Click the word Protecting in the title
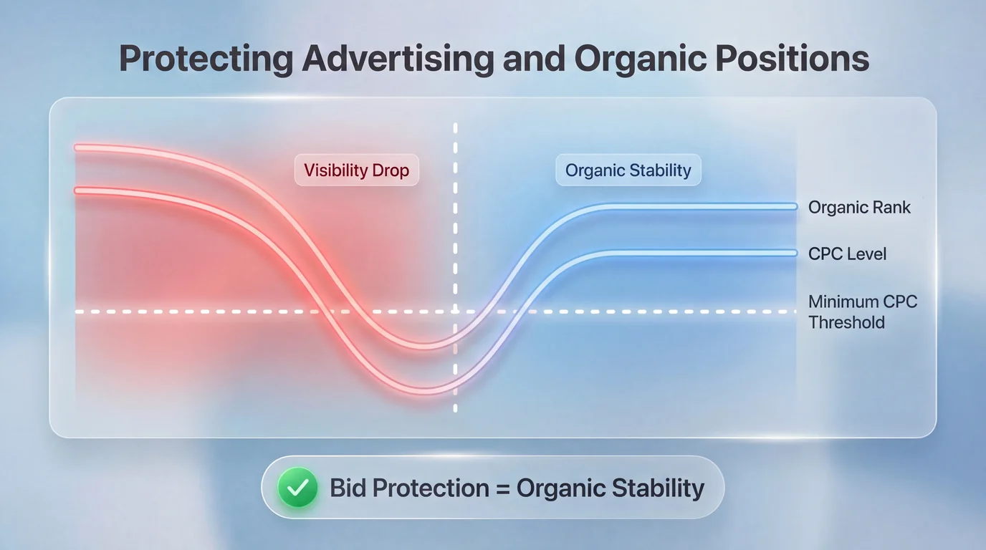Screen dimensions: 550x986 pyautogui.click(x=206, y=59)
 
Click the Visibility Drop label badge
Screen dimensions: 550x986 pyautogui.click(x=356, y=170)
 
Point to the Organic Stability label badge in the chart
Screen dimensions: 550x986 pyautogui.click(x=628, y=170)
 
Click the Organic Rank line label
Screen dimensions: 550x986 pyautogui.click(x=858, y=208)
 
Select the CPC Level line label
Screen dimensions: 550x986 pyautogui.click(x=847, y=254)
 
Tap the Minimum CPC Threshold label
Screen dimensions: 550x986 pyautogui.click(x=862, y=312)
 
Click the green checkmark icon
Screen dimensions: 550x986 pyautogui.click(x=297, y=488)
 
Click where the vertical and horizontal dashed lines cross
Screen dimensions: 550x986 pyautogui.click(x=455, y=312)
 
